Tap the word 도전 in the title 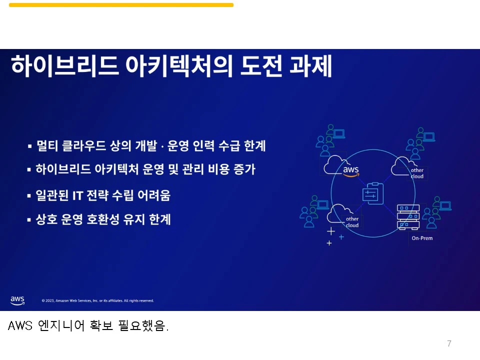260,66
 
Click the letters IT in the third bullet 77,195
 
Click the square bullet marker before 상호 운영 29,219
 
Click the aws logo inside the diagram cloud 351,170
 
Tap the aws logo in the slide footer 17,300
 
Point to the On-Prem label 422,238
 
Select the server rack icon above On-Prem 408,216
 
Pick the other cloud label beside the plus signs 352,222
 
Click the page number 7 449,343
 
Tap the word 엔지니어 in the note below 61,326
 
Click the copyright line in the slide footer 97,300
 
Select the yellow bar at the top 121,5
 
